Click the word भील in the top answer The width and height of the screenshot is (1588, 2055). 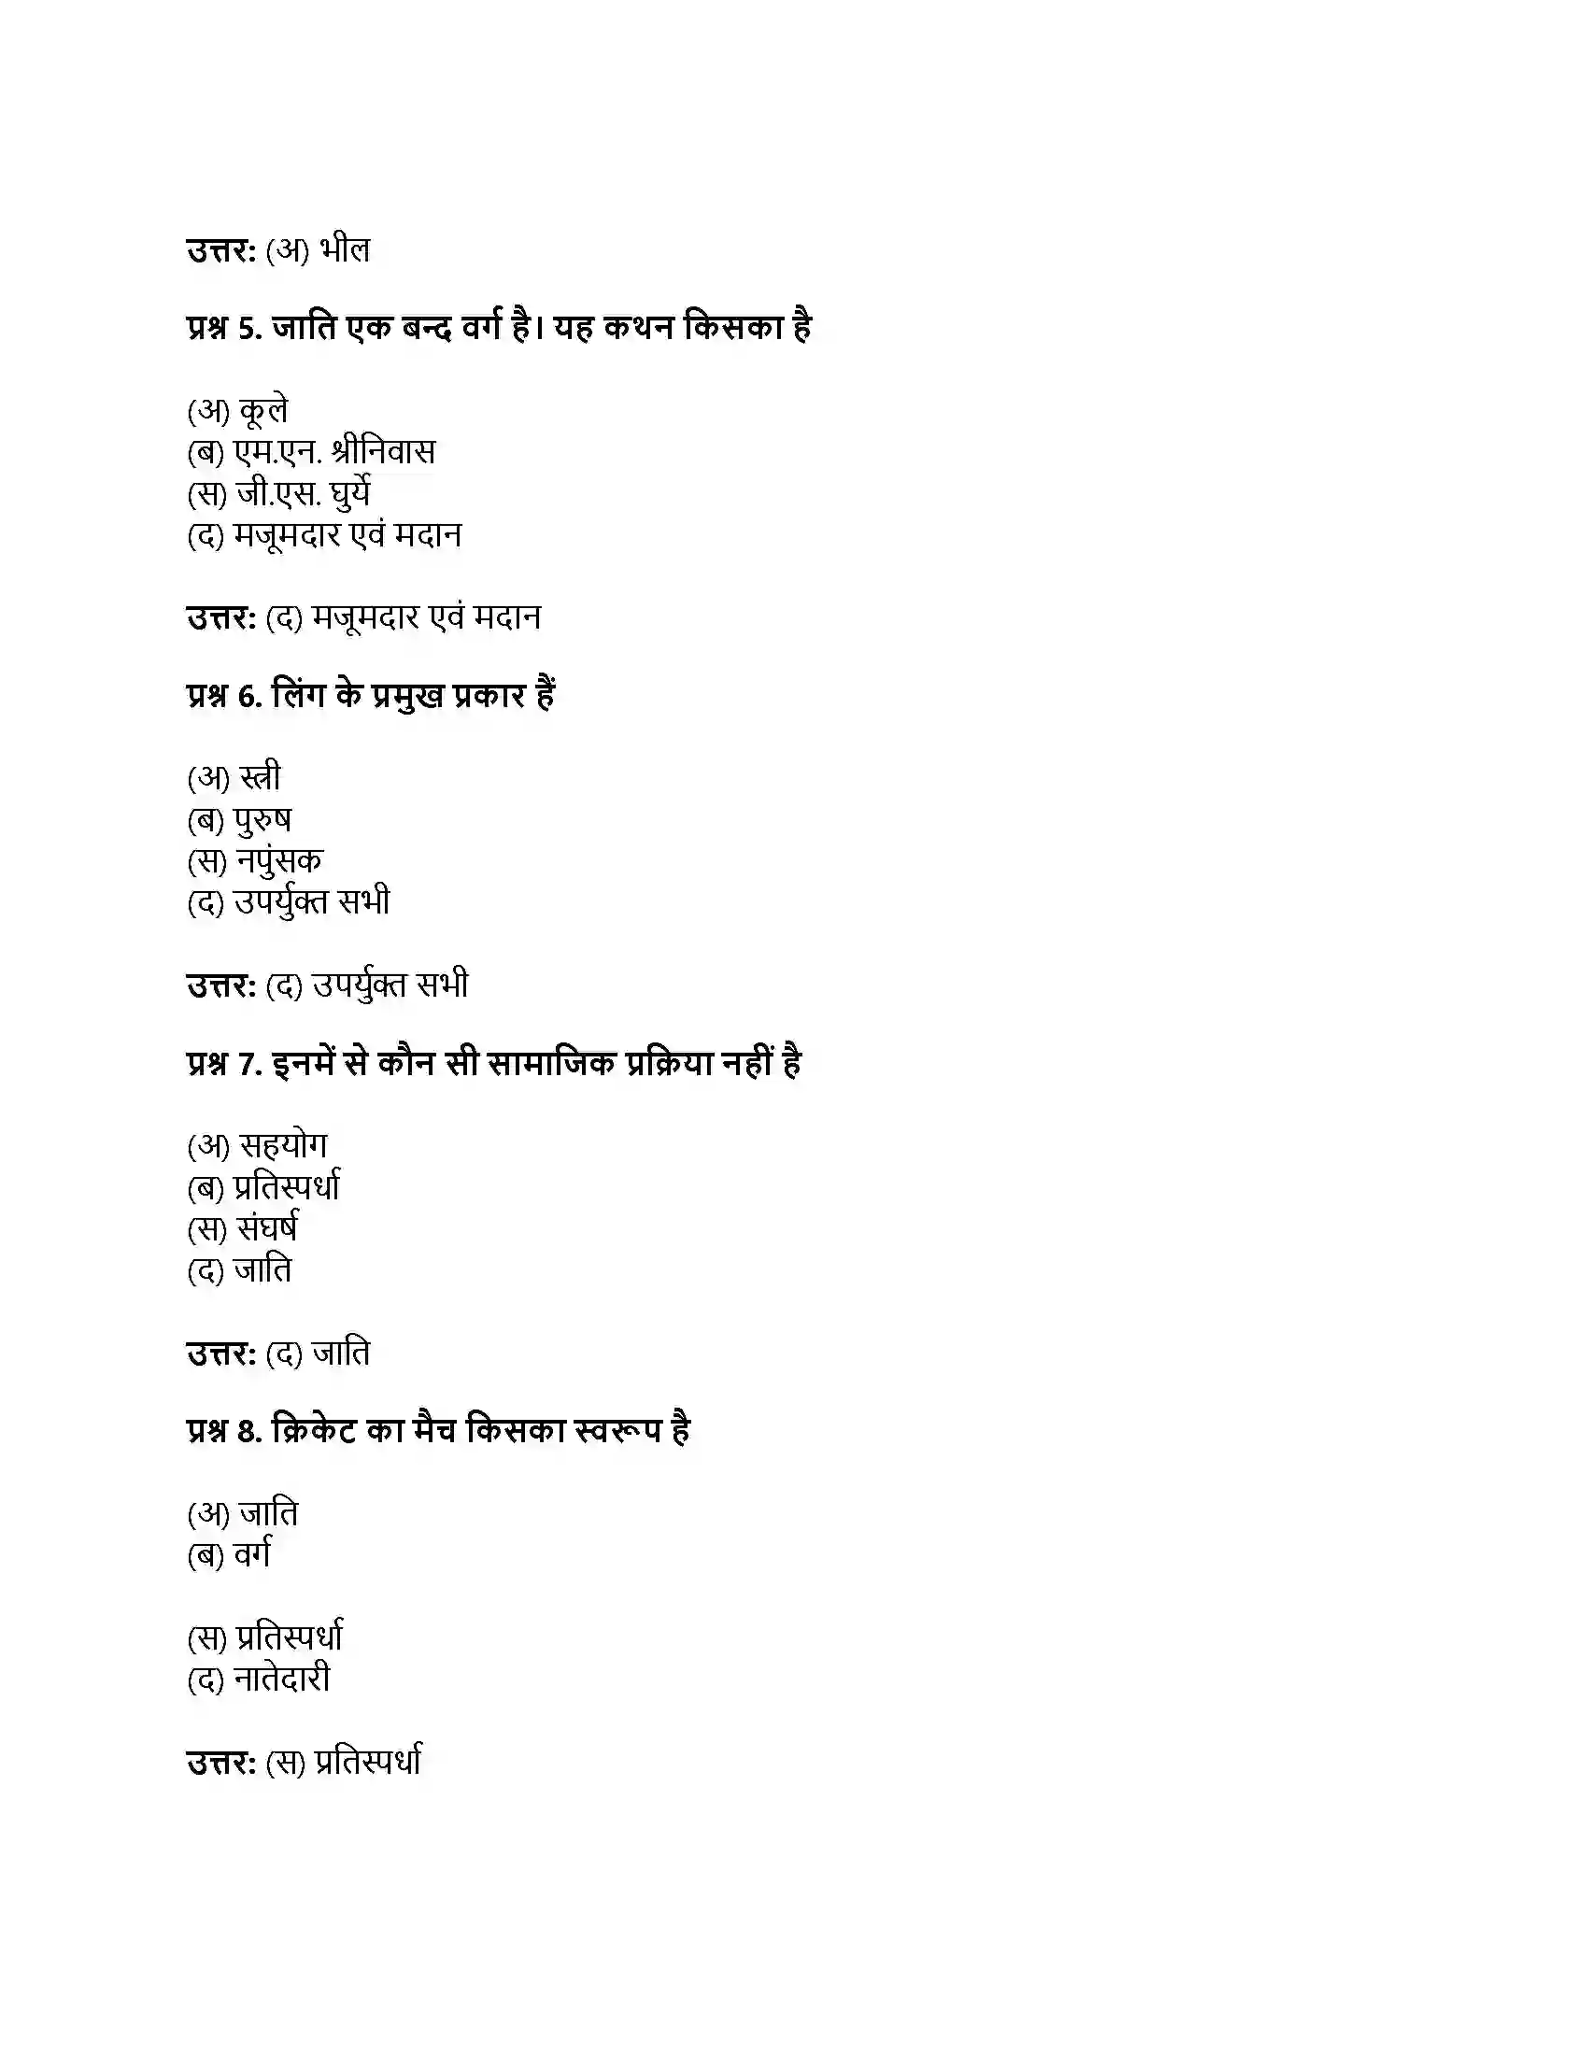[x=345, y=250]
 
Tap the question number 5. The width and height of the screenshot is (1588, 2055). [x=249, y=328]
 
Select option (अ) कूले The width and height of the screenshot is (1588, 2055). [x=238, y=411]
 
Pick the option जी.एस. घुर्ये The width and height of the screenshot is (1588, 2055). [x=303, y=494]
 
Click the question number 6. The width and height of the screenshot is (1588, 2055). [x=249, y=695]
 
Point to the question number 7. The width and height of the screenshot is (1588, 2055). [x=249, y=1063]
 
